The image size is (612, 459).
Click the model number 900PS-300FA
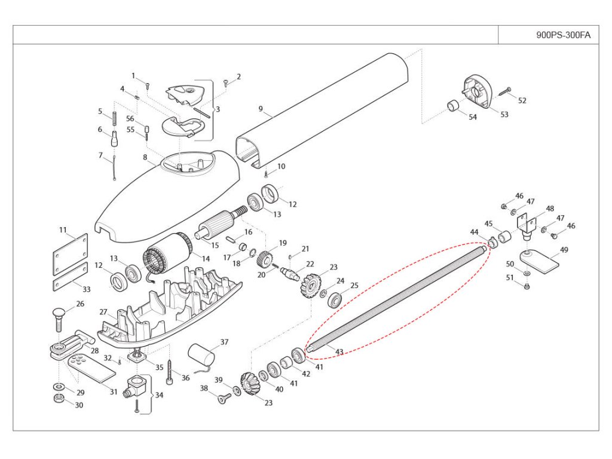coord(563,35)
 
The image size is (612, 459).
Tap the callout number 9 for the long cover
coord(261,109)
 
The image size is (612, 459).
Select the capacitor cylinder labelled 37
coord(201,355)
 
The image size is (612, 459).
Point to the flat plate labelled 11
coord(71,254)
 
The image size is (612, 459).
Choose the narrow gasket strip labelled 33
coord(71,277)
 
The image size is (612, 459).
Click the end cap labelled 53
coord(478,91)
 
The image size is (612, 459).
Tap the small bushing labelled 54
coord(454,106)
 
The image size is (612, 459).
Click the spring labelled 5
coord(114,119)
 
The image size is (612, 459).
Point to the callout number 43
coord(339,351)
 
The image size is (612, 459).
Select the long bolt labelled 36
coord(170,372)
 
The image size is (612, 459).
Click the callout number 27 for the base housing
coord(103,312)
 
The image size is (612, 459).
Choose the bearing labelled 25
coord(335,300)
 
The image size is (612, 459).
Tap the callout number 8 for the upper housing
coord(145,157)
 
